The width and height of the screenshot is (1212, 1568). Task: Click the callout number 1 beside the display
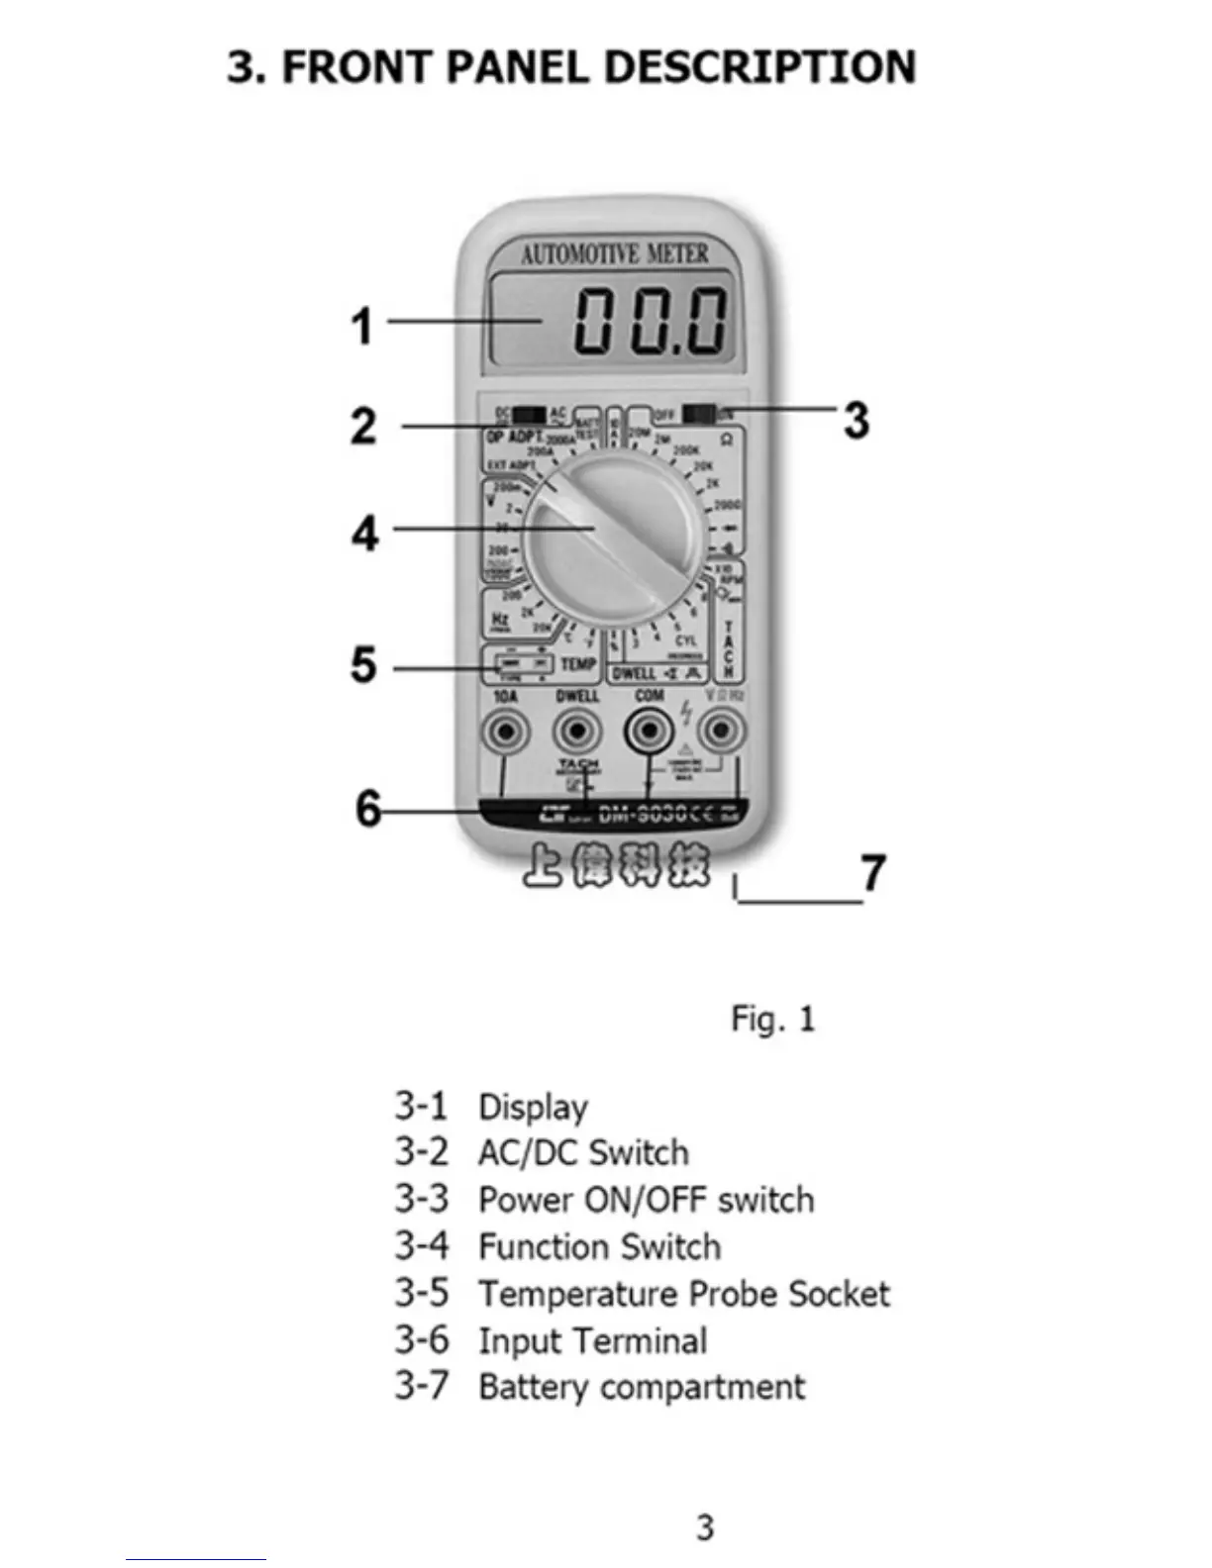(363, 326)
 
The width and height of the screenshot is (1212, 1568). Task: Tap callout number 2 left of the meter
(364, 426)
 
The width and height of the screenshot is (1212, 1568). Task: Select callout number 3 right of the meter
(857, 420)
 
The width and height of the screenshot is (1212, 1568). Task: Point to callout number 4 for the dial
(365, 534)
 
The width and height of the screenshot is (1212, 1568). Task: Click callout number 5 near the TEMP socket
(364, 664)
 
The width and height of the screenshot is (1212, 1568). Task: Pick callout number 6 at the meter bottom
(368, 808)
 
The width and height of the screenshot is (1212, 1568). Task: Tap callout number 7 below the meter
(872, 873)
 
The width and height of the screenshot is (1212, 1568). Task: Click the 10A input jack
(505, 733)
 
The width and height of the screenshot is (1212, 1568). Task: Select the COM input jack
(649, 733)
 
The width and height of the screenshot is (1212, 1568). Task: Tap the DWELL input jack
(577, 733)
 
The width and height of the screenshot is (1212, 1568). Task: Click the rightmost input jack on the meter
(721, 733)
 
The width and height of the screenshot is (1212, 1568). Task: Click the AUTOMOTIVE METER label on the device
(615, 254)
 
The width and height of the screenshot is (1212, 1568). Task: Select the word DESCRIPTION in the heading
(758, 67)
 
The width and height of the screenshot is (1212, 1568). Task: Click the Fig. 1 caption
(772, 1019)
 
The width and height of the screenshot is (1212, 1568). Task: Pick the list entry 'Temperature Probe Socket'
(684, 1294)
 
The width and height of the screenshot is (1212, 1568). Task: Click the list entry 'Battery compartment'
(642, 1387)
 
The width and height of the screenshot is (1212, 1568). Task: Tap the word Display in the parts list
(533, 1107)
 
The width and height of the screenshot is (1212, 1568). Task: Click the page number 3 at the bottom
(704, 1526)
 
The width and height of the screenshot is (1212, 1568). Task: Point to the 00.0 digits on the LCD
(652, 321)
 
